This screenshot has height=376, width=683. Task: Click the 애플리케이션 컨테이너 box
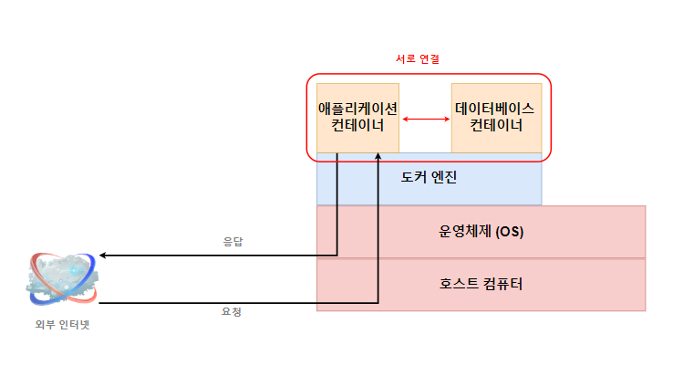coord(357,118)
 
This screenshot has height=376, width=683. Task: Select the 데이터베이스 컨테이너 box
coord(496,118)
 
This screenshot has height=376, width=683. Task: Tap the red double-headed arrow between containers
coord(426,120)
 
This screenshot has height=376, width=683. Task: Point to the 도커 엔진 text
coord(429,177)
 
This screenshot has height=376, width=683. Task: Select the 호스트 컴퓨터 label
coord(481,284)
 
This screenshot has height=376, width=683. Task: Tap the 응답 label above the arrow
coord(234,243)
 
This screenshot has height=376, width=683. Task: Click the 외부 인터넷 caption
coord(62,325)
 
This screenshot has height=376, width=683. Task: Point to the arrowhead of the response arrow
coord(103,256)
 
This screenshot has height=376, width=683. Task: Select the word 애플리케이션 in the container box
coord(357,109)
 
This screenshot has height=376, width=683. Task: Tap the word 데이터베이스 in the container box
coord(496,109)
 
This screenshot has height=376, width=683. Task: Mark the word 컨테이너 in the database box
coord(496,127)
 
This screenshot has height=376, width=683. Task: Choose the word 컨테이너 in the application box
coord(357,127)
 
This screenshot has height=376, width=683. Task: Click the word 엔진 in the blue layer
coord(443,177)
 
